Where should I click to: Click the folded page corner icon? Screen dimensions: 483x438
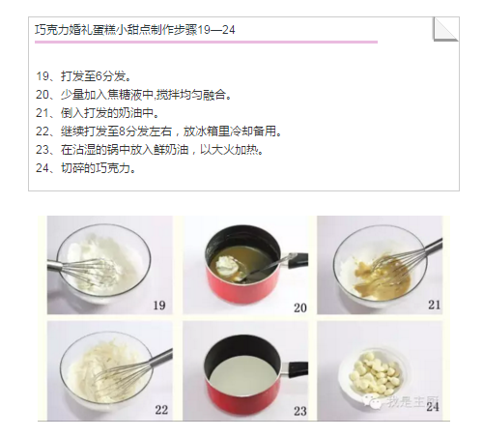(x=445, y=29)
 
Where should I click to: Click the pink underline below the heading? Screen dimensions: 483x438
(x=206, y=42)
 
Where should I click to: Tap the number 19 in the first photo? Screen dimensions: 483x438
(x=159, y=305)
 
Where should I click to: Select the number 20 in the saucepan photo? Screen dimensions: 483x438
(x=300, y=307)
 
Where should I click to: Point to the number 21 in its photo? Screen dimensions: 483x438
(x=434, y=305)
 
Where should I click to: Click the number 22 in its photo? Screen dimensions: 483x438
(x=161, y=410)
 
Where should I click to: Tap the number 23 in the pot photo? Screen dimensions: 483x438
(x=300, y=411)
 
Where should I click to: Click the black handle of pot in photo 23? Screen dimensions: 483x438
(x=298, y=368)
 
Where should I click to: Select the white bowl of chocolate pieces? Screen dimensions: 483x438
(x=374, y=372)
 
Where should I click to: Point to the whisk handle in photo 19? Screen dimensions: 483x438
(x=55, y=266)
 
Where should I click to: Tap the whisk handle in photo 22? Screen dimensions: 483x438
(x=162, y=358)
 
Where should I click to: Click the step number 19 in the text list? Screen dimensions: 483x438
(x=43, y=76)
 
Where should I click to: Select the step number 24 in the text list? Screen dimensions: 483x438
(x=43, y=168)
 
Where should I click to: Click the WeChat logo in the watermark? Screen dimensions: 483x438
(x=372, y=400)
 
